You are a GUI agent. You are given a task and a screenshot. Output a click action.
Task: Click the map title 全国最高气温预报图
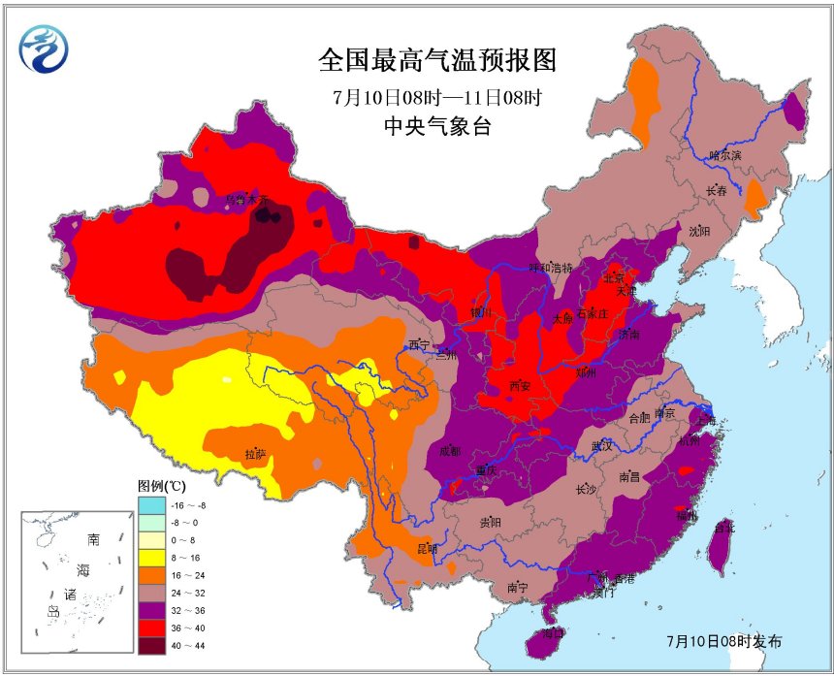point(437,61)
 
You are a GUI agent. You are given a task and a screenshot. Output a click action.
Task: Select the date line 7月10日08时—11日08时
point(435,97)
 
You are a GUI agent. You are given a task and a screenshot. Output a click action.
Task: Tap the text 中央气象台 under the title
point(436,126)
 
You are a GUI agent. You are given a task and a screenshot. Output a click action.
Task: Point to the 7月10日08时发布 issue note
point(723,641)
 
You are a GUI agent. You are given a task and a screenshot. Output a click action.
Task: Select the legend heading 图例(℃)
point(160,485)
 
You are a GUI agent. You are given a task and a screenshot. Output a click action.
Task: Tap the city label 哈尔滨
point(723,155)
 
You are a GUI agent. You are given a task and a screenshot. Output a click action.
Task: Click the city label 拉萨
point(255,453)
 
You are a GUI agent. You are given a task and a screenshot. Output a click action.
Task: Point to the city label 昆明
point(427,549)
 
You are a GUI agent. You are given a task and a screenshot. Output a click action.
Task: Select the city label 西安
point(521,386)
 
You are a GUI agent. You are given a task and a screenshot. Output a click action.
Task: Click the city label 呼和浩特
point(550,267)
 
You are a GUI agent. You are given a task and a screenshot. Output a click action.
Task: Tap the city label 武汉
point(601,446)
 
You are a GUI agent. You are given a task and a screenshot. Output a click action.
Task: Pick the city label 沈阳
point(699,231)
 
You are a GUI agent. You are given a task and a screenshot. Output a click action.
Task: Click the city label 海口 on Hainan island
point(553,632)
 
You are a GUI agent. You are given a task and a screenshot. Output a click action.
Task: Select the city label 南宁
point(517,588)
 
